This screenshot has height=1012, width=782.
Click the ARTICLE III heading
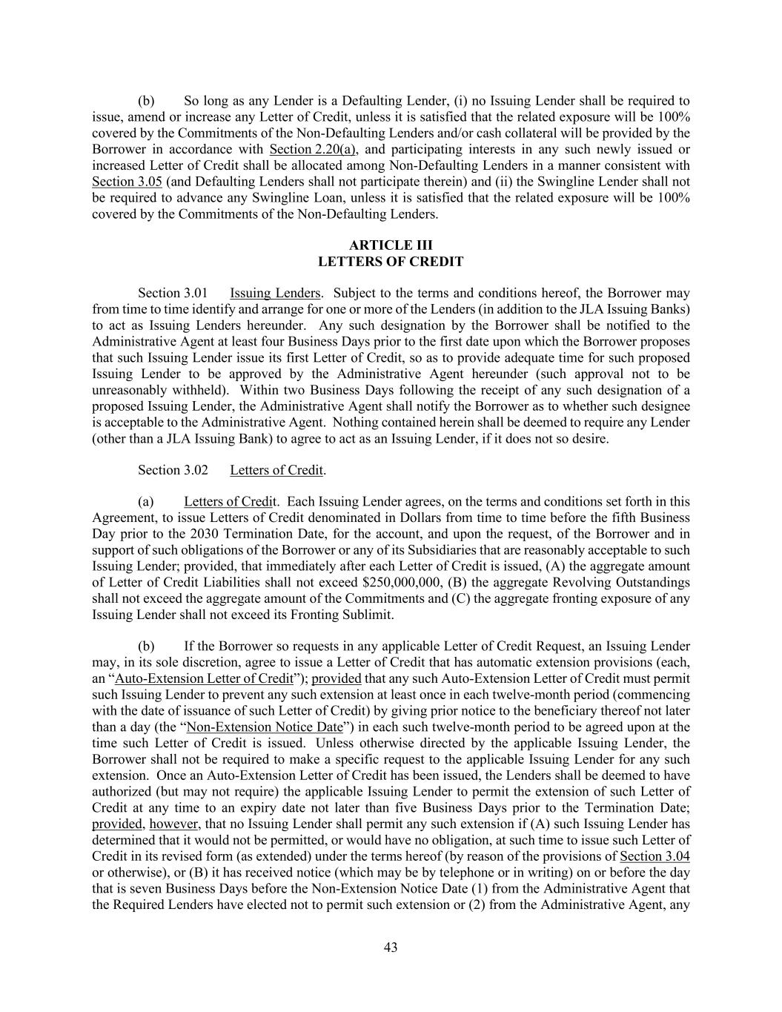(x=391, y=245)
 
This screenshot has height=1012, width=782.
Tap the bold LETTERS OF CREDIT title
(x=391, y=262)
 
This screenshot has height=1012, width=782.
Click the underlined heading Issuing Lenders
(x=275, y=293)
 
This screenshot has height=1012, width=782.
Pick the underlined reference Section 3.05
(x=127, y=182)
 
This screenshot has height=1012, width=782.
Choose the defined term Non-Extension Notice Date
(x=265, y=727)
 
